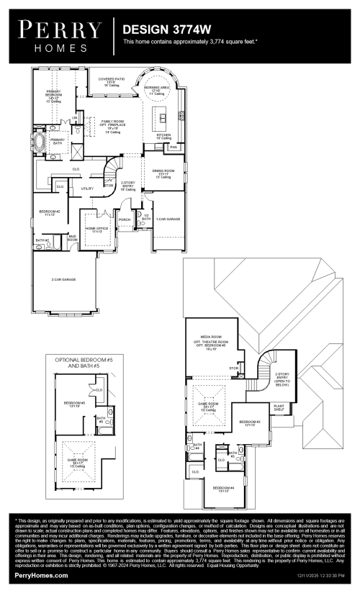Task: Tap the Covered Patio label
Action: click(x=112, y=81)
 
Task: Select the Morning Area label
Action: click(x=157, y=90)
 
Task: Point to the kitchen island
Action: click(x=163, y=116)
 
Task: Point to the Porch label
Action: click(x=125, y=219)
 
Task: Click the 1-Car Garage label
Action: click(x=168, y=218)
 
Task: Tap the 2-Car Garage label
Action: click(x=63, y=279)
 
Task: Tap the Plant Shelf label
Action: click(x=279, y=407)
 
